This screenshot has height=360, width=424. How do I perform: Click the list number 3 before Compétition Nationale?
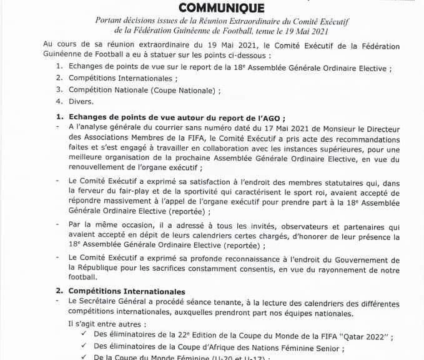pos(58,89)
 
